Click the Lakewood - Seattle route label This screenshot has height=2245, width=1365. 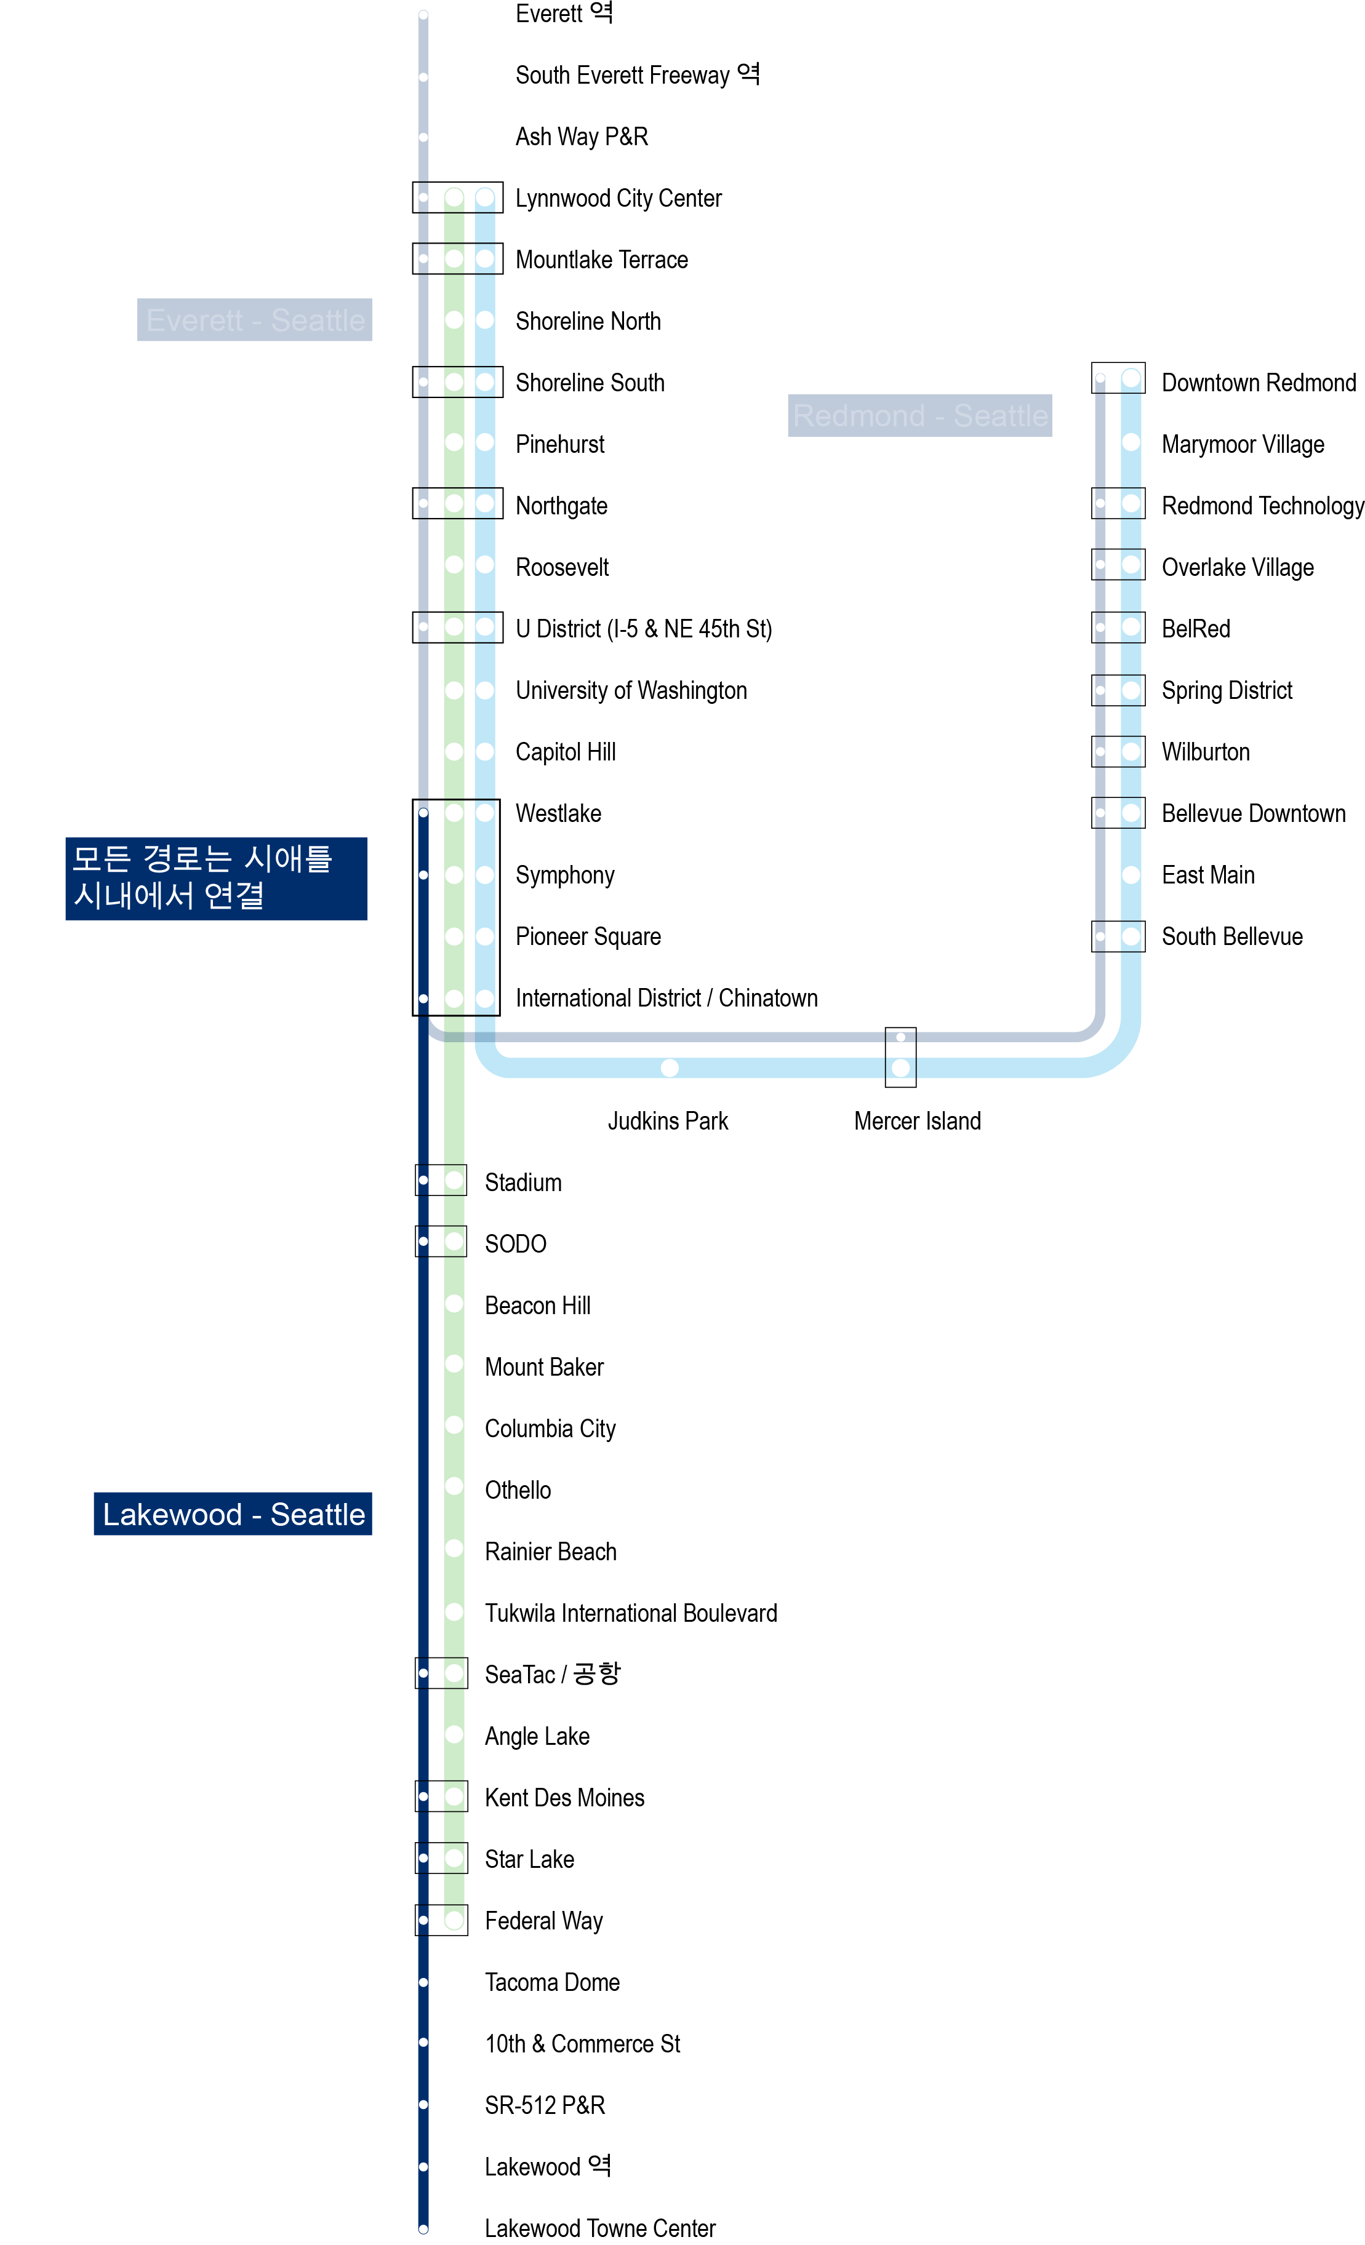pos(233,1513)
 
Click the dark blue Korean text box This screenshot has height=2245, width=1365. pos(216,879)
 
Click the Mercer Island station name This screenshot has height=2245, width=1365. pos(917,1121)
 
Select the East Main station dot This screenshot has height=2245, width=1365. pos(1130,875)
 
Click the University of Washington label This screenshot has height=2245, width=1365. pos(631,691)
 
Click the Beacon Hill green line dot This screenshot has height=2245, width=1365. pos(454,1303)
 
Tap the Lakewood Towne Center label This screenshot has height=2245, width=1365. pos(599,2228)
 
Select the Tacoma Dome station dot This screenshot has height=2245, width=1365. pos(423,1982)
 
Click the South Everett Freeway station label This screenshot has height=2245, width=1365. pos(637,74)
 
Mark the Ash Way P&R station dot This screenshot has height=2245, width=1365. pos(423,137)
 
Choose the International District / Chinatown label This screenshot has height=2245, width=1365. pos(666,998)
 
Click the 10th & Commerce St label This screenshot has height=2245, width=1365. pos(582,2044)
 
